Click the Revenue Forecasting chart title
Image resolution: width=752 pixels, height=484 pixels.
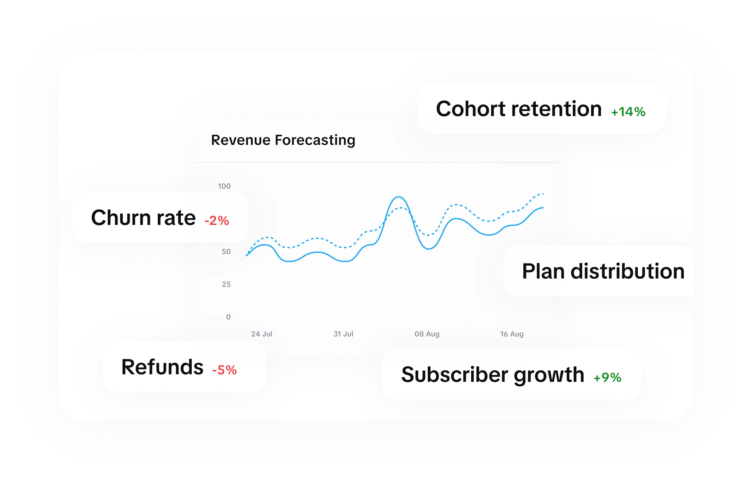pyautogui.click(x=283, y=140)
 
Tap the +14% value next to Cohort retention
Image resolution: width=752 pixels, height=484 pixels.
pyautogui.click(x=628, y=112)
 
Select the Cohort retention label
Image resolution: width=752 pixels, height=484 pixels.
pyautogui.click(x=518, y=109)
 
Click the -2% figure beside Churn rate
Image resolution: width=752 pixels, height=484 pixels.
pyautogui.click(x=216, y=220)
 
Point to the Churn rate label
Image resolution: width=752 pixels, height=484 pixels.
pyautogui.click(x=143, y=218)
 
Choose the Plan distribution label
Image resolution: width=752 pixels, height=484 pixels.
pyautogui.click(x=603, y=271)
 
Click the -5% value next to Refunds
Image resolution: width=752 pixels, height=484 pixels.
pyautogui.click(x=224, y=370)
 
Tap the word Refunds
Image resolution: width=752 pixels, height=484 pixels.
pyautogui.click(x=162, y=367)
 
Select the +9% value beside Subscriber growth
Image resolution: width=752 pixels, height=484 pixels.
pyautogui.click(x=607, y=377)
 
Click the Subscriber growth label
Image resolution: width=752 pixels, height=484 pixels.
pyautogui.click(x=492, y=375)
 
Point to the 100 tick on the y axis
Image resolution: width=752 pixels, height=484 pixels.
pyautogui.click(x=224, y=186)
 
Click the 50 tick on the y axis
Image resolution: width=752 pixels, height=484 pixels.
pyautogui.click(x=226, y=252)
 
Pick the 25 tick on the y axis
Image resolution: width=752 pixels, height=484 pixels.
pyautogui.click(x=226, y=284)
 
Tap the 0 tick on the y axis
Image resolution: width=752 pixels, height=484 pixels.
pyautogui.click(x=228, y=317)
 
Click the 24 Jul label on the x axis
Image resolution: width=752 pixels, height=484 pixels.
pyautogui.click(x=261, y=334)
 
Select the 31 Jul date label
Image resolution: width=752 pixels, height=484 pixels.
pyautogui.click(x=343, y=334)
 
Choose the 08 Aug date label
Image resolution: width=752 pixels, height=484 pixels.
pyautogui.click(x=427, y=334)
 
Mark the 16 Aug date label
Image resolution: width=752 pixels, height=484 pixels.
pyautogui.click(x=512, y=334)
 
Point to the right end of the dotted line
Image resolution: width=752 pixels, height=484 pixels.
pyautogui.click(x=543, y=194)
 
